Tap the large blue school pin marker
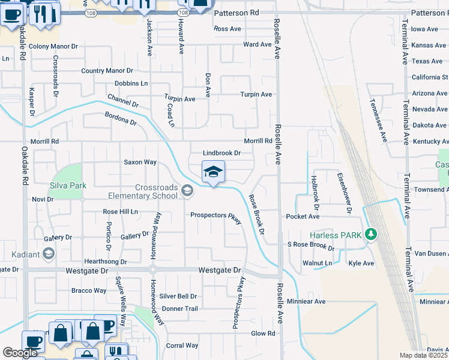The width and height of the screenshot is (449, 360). click(x=213, y=173)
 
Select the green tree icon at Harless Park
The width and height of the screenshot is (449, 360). click(x=371, y=235)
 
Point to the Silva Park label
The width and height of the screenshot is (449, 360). click(x=69, y=186)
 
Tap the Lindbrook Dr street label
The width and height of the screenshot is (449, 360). click(x=221, y=154)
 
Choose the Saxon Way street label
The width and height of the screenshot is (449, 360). click(x=140, y=162)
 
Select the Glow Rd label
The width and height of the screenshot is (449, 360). click(x=263, y=334)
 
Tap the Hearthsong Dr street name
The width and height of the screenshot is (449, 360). click(x=106, y=262)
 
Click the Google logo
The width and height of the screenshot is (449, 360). click(x=20, y=353)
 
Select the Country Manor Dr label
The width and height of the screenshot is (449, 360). click(x=107, y=71)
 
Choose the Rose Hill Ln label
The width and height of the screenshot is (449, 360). click(x=120, y=212)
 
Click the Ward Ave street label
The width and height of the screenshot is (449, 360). click(x=258, y=44)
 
